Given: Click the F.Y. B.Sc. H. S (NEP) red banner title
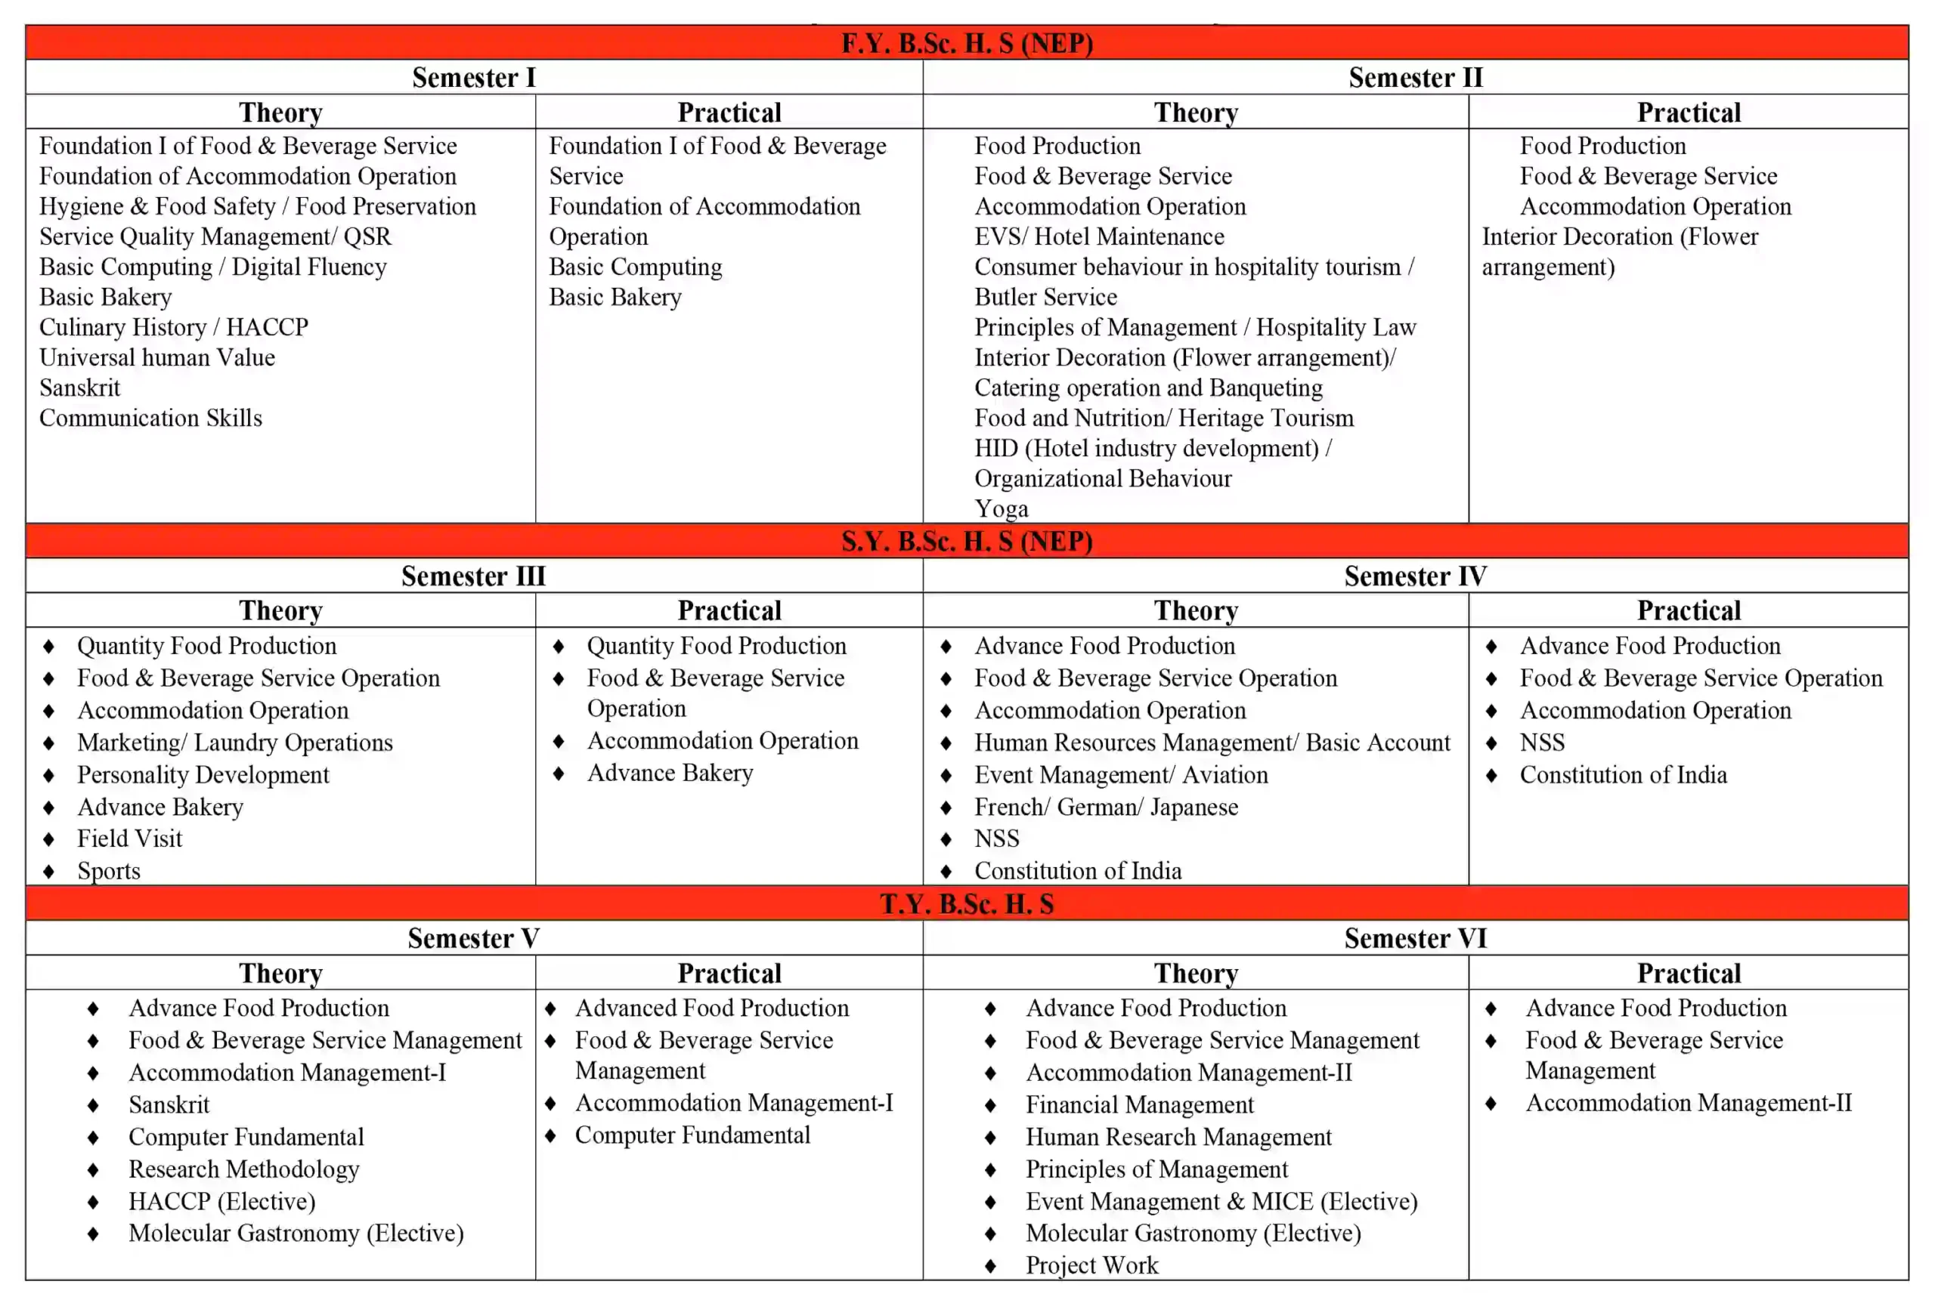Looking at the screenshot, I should point(967,43).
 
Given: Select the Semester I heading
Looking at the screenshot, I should point(474,78).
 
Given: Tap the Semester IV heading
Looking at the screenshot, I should point(1415,576).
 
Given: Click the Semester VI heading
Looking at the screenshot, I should point(1415,938).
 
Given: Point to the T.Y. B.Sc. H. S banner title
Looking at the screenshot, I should point(967,903).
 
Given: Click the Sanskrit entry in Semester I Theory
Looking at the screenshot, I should point(79,388).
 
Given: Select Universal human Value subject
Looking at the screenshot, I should point(156,357).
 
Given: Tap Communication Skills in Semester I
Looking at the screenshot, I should point(150,418).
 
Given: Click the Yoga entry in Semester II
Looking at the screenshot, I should point(1001,508).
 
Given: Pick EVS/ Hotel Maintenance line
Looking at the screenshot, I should point(1099,237).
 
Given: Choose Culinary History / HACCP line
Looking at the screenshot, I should point(173,328).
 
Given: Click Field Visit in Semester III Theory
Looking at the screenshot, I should point(129,839).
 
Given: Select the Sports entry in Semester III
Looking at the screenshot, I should point(109,872).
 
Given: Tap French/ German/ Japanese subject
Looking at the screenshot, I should point(1106,807).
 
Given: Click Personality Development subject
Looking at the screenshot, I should point(203,775).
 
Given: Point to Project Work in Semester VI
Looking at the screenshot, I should point(1091,1265).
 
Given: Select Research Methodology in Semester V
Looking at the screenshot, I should point(244,1170).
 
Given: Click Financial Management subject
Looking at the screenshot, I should point(1140,1105).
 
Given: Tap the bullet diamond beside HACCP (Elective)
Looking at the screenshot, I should point(93,1202).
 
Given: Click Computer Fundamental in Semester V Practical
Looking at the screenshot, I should point(692,1135).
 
